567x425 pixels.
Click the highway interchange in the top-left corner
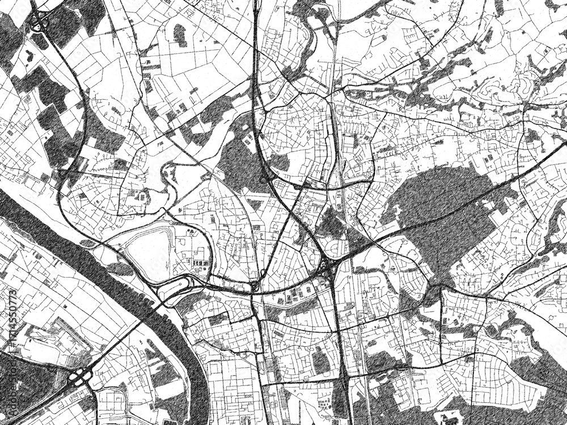pyautogui.click(x=39, y=23)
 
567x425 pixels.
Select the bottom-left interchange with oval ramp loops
pyautogui.click(x=79, y=376)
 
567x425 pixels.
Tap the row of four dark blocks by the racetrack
pyautogui.click(x=200, y=263)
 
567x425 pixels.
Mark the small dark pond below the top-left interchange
pyautogui.click(x=29, y=56)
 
